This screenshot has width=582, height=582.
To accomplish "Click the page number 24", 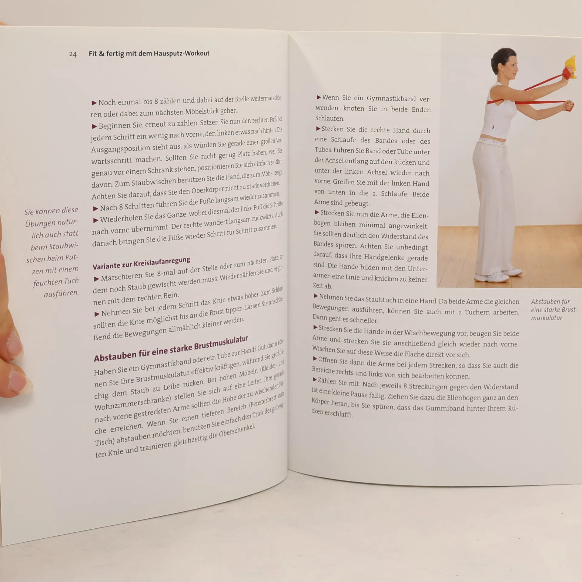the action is [73, 54].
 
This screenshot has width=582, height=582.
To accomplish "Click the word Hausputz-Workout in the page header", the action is [182, 53].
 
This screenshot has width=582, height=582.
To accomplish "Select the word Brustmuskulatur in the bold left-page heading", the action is [221, 343].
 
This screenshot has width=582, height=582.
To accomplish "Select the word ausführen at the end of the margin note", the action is [61, 294].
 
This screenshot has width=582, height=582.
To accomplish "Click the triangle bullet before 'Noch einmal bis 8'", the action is [94, 103].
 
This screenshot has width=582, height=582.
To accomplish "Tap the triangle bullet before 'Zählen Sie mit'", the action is [315, 380].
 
